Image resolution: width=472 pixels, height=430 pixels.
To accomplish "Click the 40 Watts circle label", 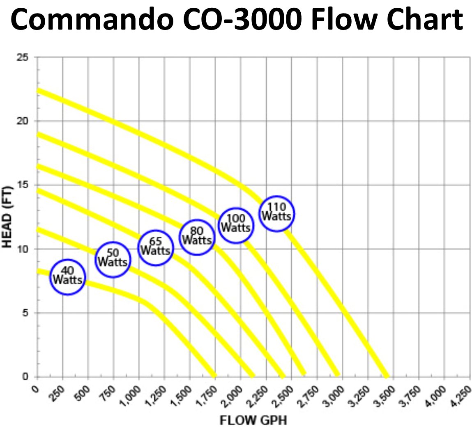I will pos(68,277).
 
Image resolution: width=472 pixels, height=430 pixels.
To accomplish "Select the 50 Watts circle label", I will pos(113,259).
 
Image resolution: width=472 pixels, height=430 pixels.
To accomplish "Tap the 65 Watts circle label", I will pos(155,248).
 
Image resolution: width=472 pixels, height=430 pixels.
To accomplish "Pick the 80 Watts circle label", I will pos(197,237).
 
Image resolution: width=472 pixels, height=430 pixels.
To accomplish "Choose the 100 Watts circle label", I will pos(235,225).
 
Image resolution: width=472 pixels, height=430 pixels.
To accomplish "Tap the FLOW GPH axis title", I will pos(253,420).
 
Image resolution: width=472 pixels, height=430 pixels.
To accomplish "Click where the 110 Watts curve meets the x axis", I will pos(386,376).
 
